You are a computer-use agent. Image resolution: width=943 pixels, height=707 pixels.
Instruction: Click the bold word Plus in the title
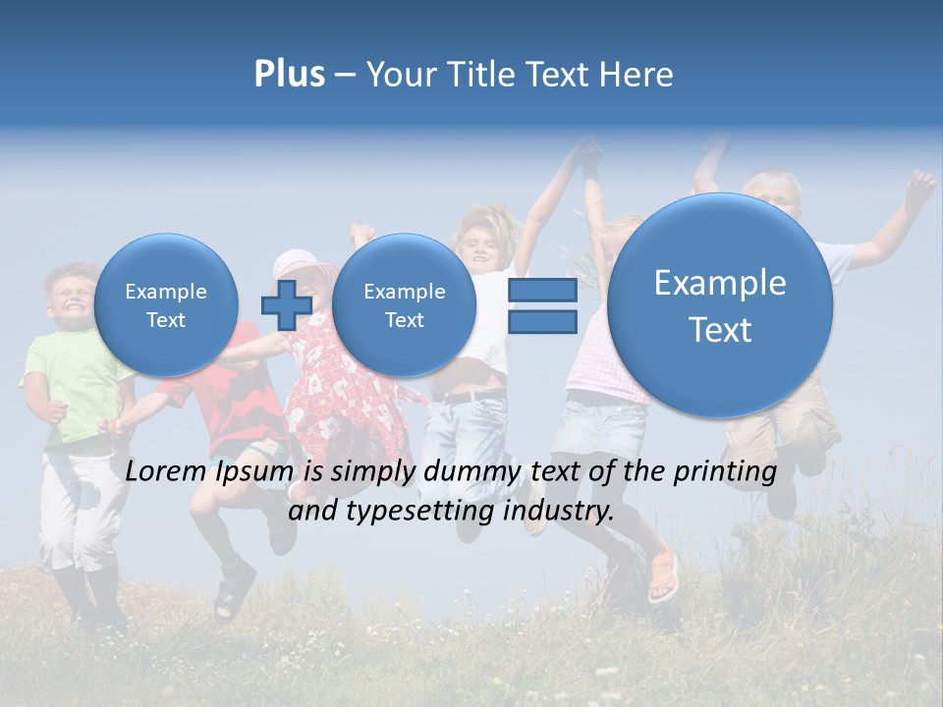pyautogui.click(x=289, y=74)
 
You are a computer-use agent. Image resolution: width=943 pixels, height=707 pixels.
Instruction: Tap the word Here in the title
pyautogui.click(x=638, y=74)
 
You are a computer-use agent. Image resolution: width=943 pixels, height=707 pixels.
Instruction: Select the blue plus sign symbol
pyautogui.click(x=286, y=304)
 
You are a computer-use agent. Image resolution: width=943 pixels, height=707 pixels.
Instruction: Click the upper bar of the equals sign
pyautogui.click(x=541, y=290)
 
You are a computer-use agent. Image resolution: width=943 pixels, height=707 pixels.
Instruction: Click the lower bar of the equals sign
pyautogui.click(x=541, y=322)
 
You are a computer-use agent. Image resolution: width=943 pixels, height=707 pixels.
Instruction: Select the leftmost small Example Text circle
pyautogui.click(x=165, y=304)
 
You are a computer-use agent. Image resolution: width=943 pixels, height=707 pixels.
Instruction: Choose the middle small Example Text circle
pyautogui.click(x=404, y=304)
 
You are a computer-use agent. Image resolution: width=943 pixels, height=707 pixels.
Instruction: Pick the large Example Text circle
pyautogui.click(x=720, y=305)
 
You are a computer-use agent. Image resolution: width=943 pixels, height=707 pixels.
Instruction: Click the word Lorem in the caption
pyautogui.click(x=166, y=471)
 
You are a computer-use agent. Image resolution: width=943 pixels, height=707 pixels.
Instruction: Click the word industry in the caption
pyautogui.click(x=560, y=511)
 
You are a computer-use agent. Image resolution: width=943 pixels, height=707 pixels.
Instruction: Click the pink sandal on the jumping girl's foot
pyautogui.click(x=664, y=573)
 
